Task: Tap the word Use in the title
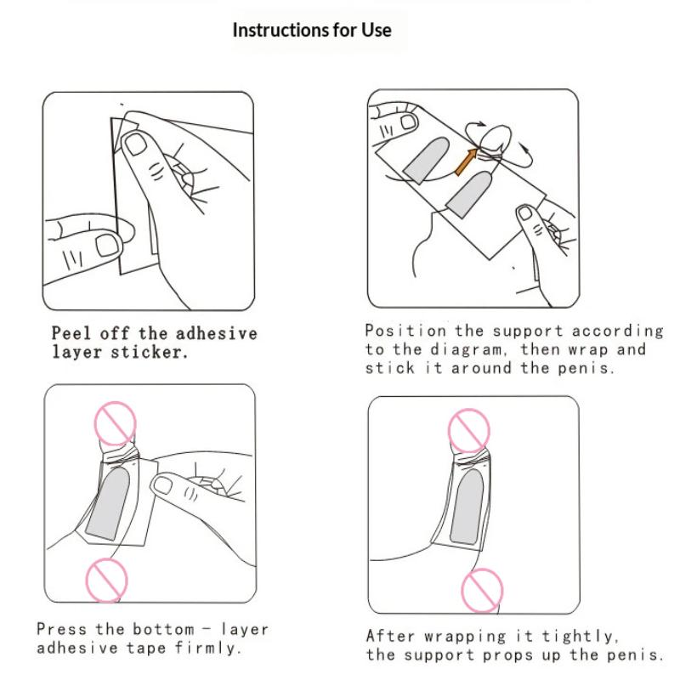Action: pos(377,31)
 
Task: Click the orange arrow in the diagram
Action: pos(466,161)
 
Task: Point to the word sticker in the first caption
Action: pos(150,352)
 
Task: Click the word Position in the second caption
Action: pos(405,331)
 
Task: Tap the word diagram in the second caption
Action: pos(467,350)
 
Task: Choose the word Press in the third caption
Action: pos(61,629)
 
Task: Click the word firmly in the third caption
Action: pos(207,648)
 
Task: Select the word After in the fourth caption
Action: pos(390,636)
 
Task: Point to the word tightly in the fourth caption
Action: pos(580,637)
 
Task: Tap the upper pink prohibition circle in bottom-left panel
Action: pos(115,423)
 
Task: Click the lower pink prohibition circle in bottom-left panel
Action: pos(107,581)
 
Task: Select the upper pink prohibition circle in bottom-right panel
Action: pos(469,431)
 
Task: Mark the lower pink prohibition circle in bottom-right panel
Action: pos(482,590)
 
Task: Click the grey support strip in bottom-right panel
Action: pos(467,507)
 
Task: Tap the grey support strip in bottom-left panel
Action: pos(108,503)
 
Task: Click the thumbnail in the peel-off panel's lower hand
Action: pos(107,246)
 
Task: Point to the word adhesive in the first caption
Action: pos(217,333)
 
